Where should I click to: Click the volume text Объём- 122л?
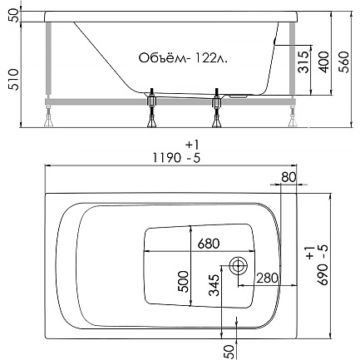(183, 58)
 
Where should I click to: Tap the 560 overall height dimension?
(344, 62)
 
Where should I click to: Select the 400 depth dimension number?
(325, 62)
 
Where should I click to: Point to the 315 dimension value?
(304, 62)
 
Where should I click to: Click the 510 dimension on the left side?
(14, 80)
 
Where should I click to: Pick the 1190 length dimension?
(166, 158)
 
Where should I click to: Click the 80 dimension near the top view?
(288, 177)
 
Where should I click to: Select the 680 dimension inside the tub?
(209, 244)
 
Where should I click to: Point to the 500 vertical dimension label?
(183, 282)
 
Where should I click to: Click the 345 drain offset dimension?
(214, 285)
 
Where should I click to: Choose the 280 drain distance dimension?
(267, 278)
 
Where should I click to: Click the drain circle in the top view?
(238, 266)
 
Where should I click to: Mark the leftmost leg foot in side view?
(49, 121)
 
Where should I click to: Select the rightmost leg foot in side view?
(293, 121)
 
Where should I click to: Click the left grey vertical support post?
(49, 59)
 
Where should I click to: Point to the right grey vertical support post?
(293, 59)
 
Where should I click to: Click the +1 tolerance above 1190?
(193, 145)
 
